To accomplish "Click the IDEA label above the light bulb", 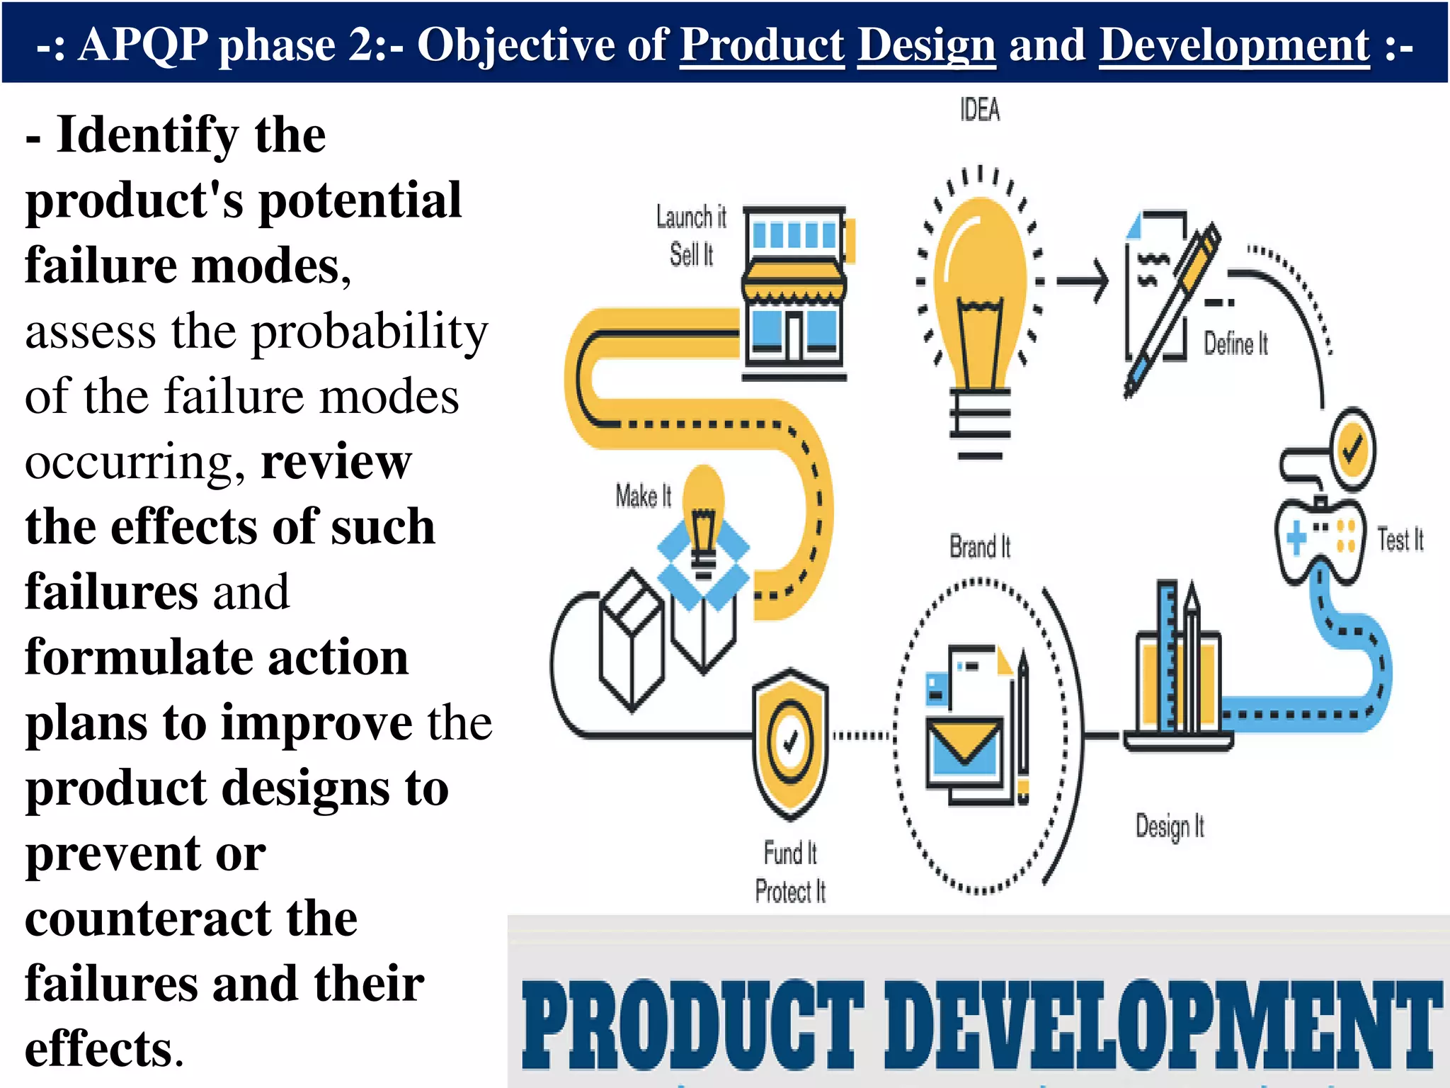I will click(x=980, y=110).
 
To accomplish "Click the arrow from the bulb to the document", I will click(x=1082, y=281).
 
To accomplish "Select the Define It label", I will click(x=1235, y=344).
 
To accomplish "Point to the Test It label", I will click(x=1400, y=540).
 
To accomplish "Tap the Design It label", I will click(x=1170, y=827).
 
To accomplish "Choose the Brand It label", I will click(x=980, y=548).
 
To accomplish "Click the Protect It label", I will click(x=790, y=891).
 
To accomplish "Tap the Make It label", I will click(x=643, y=496).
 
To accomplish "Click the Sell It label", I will click(x=691, y=254).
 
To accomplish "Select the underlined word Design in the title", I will click(x=927, y=45).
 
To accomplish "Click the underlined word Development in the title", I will click(x=1234, y=45).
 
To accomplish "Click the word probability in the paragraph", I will click(x=370, y=331).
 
